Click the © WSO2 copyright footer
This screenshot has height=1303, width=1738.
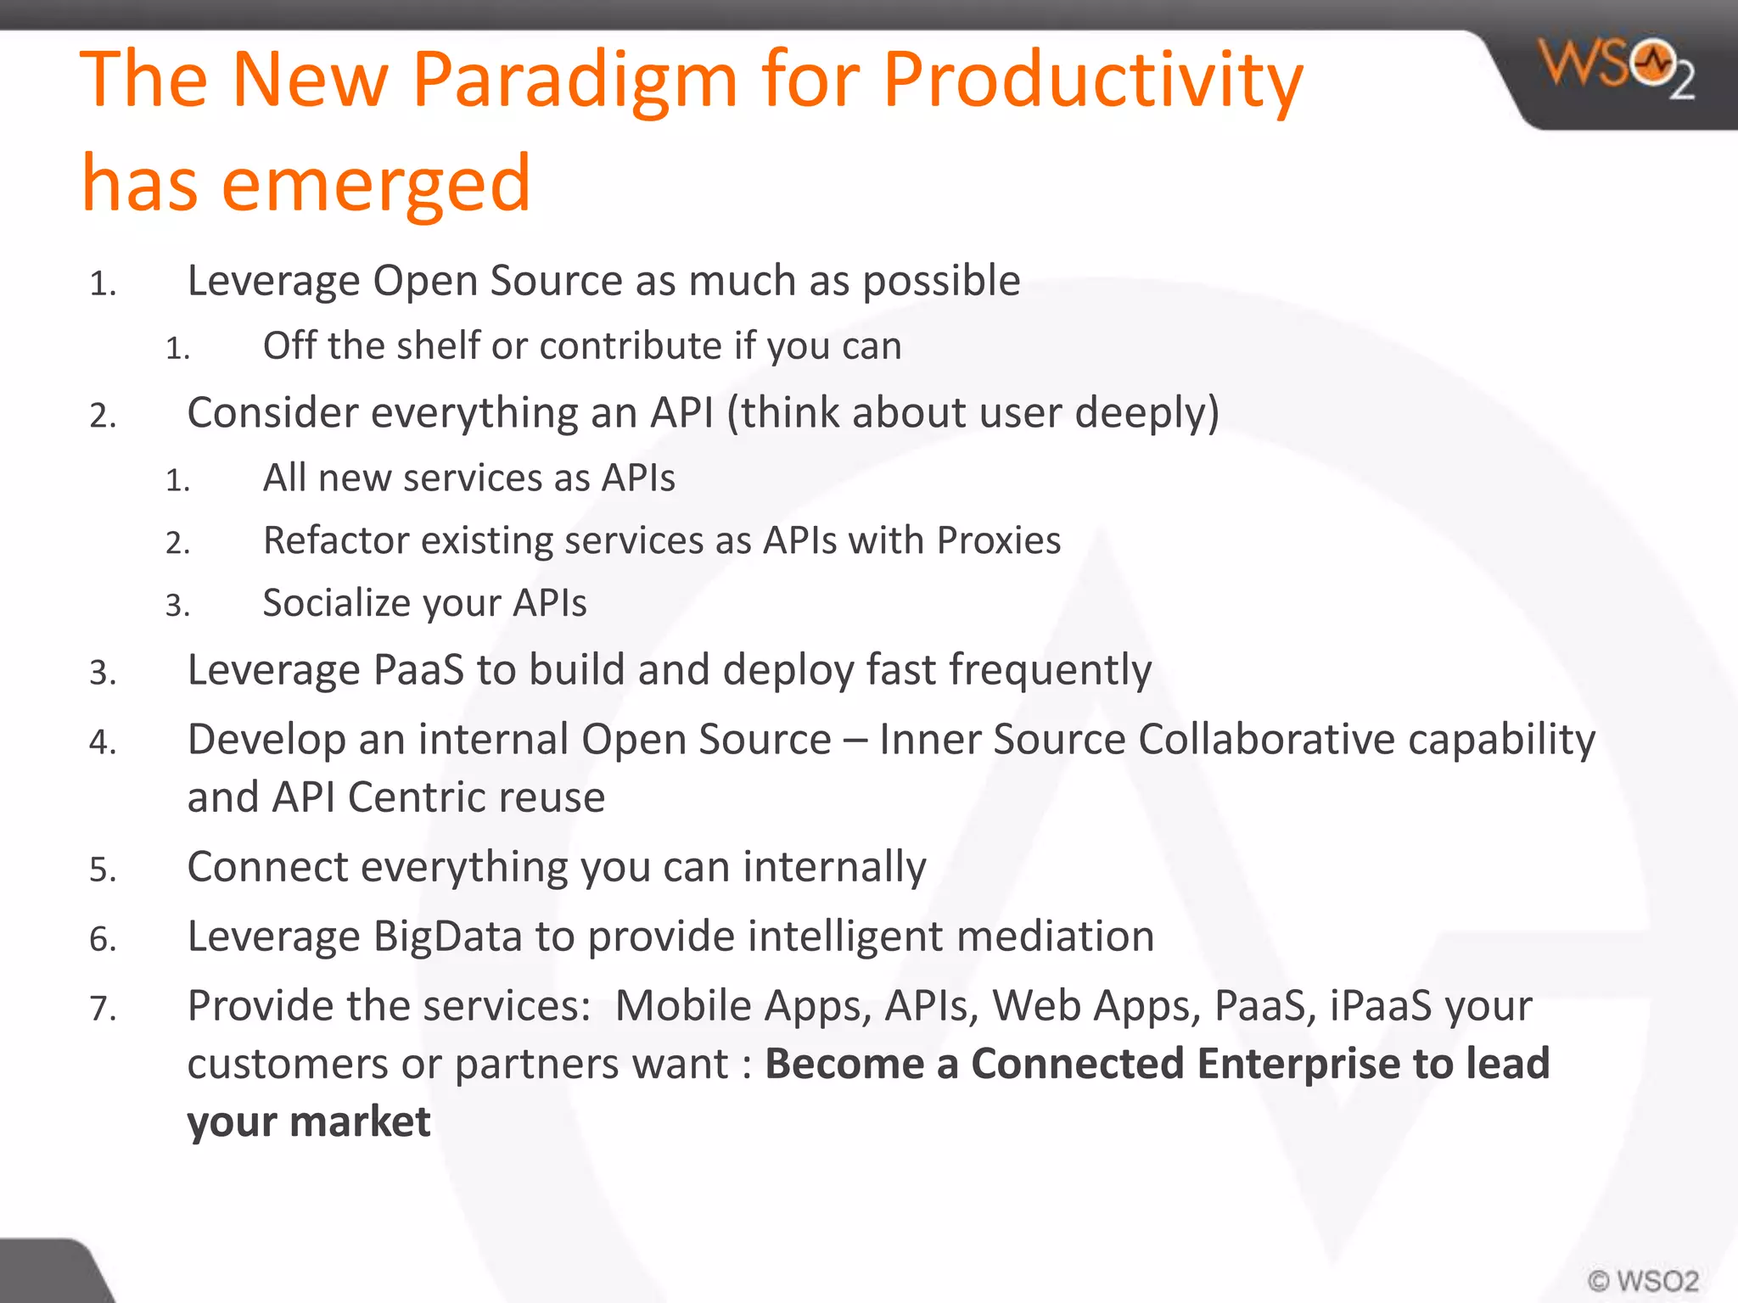(1643, 1280)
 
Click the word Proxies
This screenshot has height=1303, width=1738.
(999, 540)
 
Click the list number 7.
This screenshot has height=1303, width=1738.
(102, 1009)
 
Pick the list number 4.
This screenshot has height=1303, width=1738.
(102, 742)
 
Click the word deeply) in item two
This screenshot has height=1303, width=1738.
(1147, 414)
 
